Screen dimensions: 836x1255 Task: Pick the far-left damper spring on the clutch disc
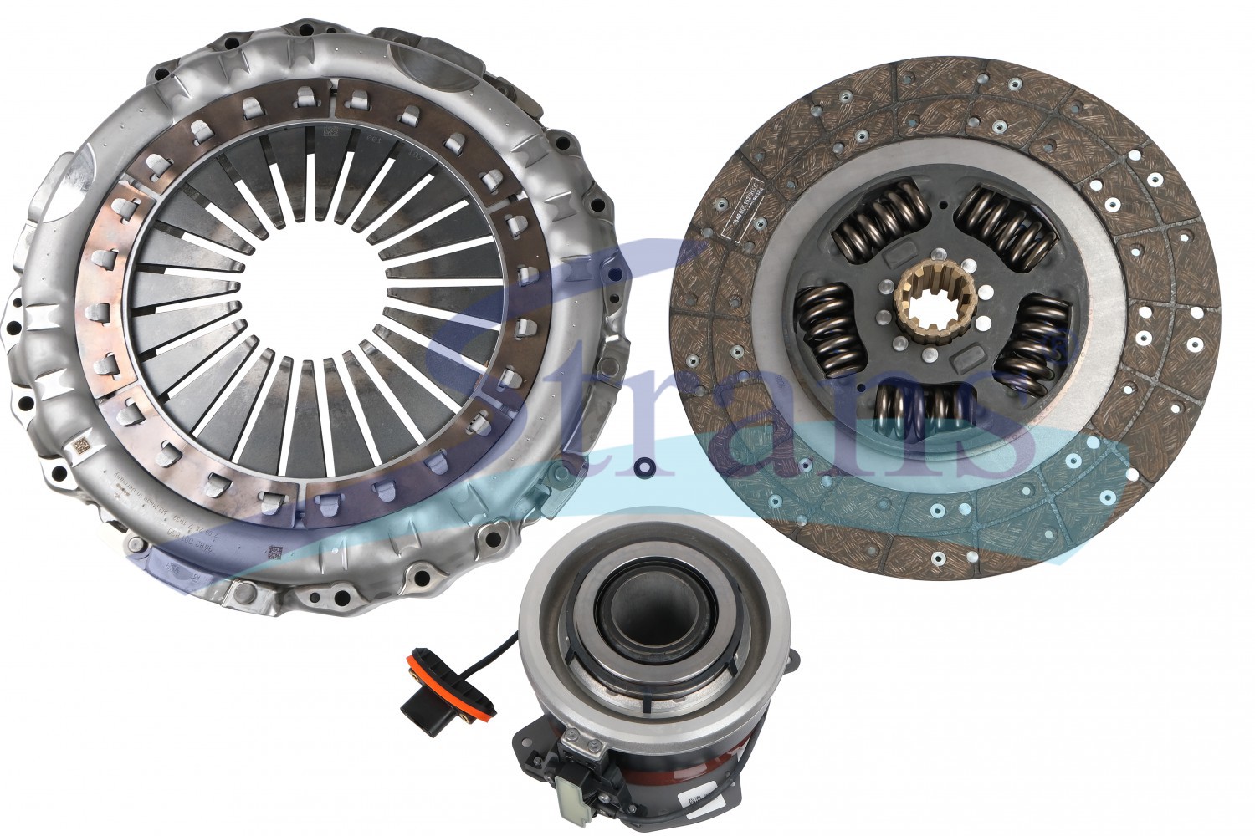pyautogui.click(x=828, y=329)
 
